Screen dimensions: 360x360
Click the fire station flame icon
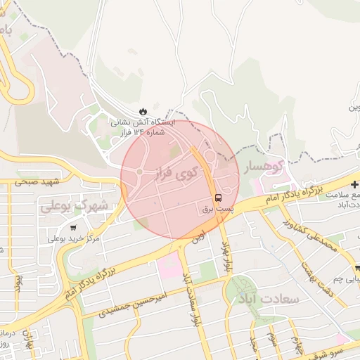(143, 112)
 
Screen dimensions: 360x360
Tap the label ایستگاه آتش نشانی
(144, 122)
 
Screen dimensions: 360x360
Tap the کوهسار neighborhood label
(262, 167)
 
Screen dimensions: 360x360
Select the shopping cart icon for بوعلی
(74, 227)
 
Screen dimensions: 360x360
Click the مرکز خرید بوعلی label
(74, 239)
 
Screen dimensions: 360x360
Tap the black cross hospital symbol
(354, 184)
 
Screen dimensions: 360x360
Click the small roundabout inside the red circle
(140, 172)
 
